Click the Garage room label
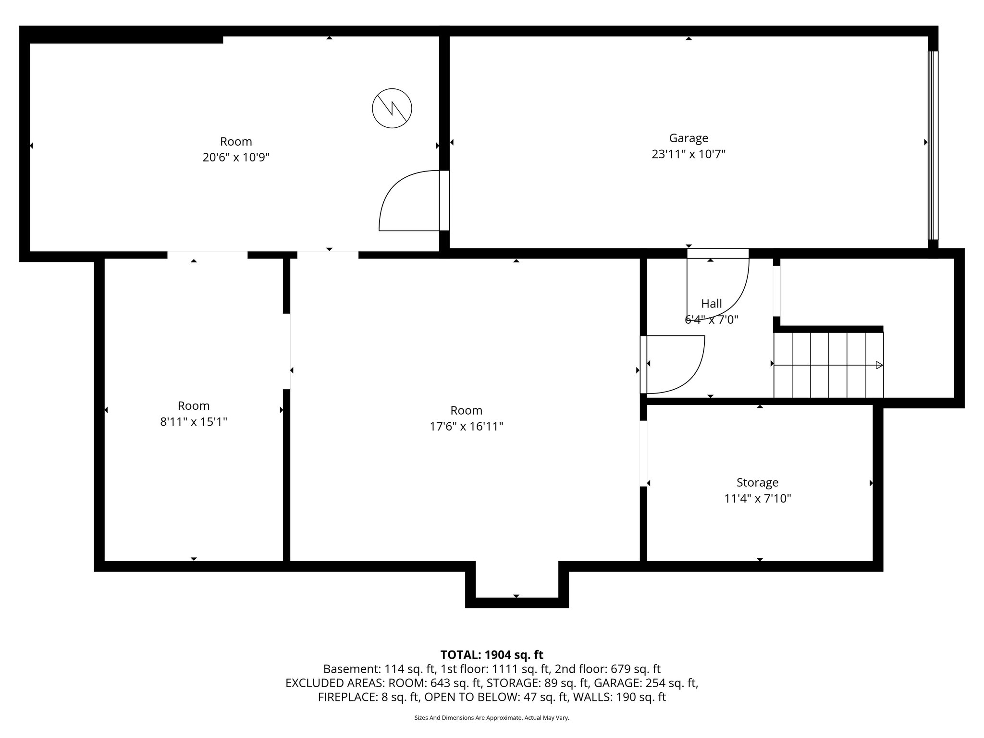688,138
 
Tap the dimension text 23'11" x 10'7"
688,154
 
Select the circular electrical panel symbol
392,108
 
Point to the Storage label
757,482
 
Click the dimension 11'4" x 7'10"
757,499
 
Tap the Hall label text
711,304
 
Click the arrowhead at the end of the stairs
879,365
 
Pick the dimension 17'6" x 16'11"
466,427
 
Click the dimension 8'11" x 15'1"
193,422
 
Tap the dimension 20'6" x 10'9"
235,158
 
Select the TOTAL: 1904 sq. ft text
492,655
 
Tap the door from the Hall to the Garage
718,283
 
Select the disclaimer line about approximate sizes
492,718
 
